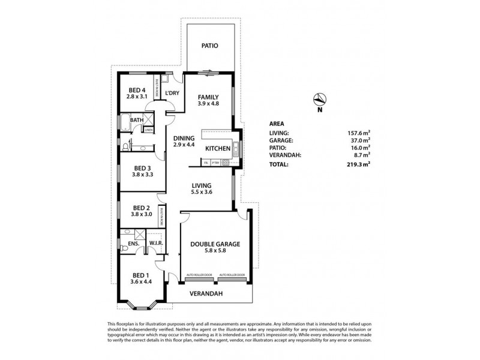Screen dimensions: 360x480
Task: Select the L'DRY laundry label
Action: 172,93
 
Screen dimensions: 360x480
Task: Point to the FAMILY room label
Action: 208,97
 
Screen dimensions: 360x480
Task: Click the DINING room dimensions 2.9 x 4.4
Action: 184,145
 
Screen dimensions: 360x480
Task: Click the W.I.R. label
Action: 157,243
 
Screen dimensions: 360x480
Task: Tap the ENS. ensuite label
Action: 133,244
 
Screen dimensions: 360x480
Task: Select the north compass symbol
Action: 320,101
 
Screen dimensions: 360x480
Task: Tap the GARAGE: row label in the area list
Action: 281,140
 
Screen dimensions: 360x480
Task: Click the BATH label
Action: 137,120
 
